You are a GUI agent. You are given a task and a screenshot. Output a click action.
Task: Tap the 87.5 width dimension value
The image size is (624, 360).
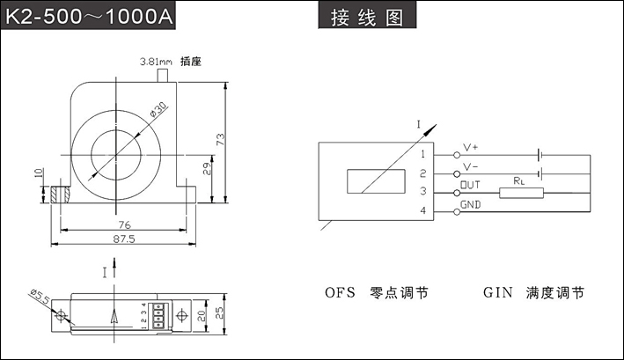(124, 239)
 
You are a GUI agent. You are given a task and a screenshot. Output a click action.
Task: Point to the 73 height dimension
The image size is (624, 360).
(221, 139)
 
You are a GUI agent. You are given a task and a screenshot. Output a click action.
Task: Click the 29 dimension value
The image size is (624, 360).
(205, 168)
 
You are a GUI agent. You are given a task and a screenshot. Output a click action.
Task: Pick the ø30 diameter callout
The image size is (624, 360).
(159, 110)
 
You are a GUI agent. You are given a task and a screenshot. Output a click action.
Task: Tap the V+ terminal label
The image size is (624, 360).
(470, 147)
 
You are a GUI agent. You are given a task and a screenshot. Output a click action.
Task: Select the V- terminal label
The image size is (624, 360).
(470, 166)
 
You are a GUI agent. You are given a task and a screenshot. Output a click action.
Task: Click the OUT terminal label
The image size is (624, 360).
(470, 186)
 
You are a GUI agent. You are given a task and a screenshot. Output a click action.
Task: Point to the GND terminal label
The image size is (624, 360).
(471, 205)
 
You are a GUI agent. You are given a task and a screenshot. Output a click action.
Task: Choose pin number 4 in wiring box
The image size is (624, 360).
(423, 211)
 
